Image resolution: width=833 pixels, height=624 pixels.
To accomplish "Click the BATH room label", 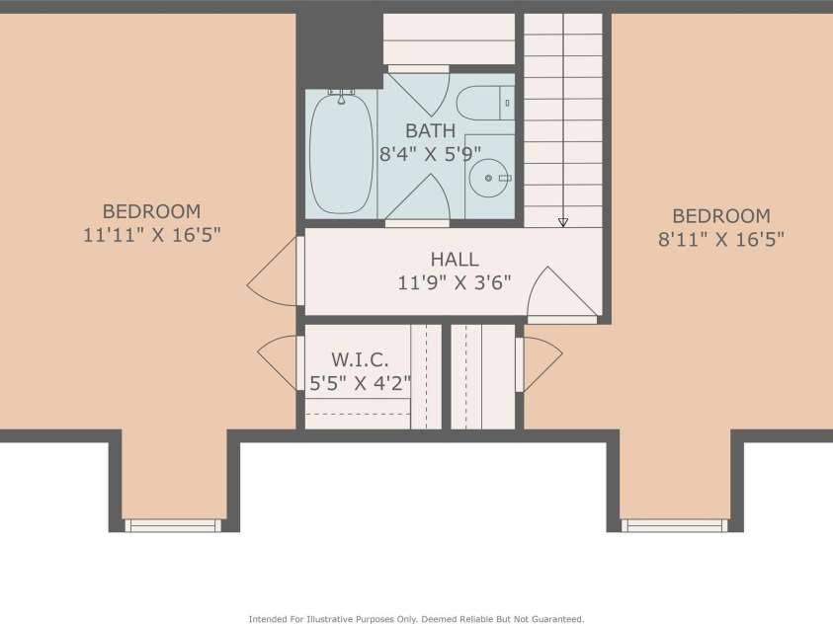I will point(430,130).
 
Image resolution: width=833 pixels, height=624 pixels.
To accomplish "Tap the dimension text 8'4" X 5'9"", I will point(430,154).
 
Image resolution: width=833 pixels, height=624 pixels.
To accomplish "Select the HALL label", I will point(454,260).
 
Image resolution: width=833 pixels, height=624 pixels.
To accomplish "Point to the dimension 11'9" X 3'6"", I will point(454,283).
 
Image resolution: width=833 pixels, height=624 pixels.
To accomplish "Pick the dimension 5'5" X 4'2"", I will point(360,384).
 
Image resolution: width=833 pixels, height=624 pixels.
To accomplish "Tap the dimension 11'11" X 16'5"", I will point(151,235).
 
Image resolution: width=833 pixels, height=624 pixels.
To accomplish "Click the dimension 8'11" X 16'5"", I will point(720,239).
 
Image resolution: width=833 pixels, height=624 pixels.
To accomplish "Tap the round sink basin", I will point(487,178).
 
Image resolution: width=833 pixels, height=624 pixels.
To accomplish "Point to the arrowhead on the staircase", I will point(563,222).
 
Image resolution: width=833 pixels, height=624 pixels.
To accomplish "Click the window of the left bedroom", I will point(174,525).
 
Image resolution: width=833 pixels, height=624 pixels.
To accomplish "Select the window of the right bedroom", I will point(675,525).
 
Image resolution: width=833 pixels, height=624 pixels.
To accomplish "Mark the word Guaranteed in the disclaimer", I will point(550,619).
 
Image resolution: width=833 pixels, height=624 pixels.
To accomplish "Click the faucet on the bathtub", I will point(342,95).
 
